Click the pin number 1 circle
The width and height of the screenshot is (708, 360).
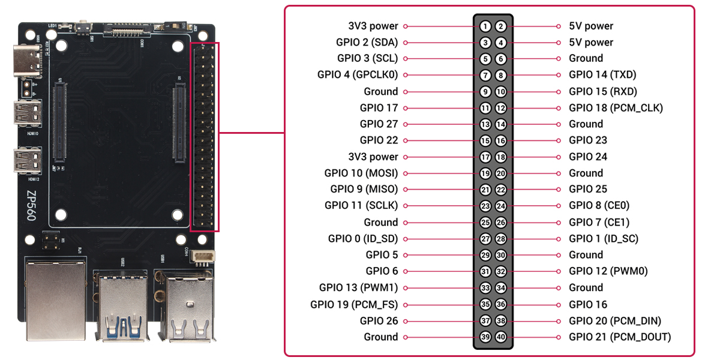pos(485,26)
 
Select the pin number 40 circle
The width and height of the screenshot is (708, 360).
pos(501,337)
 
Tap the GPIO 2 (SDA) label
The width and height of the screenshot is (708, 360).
pos(367,43)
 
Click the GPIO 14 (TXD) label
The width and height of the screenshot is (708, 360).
pos(602,75)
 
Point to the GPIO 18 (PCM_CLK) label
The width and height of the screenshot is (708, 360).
pos(616,108)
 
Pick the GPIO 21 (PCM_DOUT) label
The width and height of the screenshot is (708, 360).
pos(620,337)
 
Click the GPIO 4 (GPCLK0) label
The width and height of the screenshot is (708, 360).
pos(358,75)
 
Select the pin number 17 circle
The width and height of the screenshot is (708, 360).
pos(485,157)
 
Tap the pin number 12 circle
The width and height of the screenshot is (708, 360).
pos(501,108)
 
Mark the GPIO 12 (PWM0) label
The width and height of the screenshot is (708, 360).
pos(608,271)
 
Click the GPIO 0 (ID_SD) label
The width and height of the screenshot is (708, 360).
pos(363,239)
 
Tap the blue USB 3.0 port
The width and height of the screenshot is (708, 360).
pos(123,306)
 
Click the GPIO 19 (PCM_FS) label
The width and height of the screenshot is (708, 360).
pos(354,304)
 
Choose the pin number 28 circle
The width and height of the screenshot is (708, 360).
pos(501,239)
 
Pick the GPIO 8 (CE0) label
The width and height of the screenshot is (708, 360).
pos(599,206)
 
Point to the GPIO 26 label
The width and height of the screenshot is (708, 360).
pos(379,321)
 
